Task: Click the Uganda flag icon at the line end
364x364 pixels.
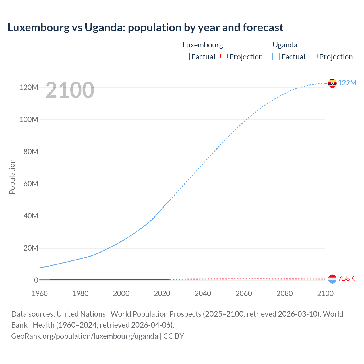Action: point(332,83)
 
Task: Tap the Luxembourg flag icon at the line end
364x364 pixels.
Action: point(332,279)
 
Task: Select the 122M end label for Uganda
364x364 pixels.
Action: point(347,83)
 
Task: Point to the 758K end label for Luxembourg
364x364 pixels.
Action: point(346,278)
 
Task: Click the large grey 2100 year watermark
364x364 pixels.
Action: point(70,90)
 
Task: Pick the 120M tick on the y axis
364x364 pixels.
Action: point(29,87)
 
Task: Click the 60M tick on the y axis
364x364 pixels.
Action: point(31,184)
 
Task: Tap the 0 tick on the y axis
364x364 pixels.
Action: point(36,280)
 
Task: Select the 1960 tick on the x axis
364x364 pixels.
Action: point(40,293)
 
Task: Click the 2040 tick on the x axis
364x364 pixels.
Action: point(203,293)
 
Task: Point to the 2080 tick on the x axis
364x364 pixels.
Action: point(284,293)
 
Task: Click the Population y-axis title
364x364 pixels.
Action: point(12,177)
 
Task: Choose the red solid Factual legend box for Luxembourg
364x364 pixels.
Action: point(186,57)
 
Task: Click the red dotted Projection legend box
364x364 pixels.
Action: point(224,57)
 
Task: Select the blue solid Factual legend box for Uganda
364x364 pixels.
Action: point(276,57)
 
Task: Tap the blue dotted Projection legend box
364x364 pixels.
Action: point(314,57)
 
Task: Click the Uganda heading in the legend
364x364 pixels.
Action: point(285,45)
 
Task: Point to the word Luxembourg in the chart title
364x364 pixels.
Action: point(38,28)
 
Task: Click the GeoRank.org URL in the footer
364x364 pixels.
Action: point(84,336)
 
